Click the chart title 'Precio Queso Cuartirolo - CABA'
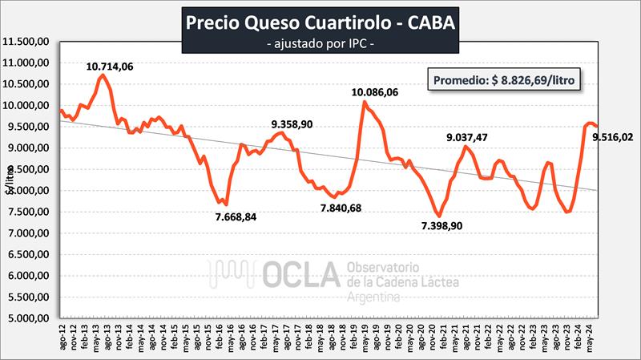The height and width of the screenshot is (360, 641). pos(321,22)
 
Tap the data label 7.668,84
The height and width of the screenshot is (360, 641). pos(242,217)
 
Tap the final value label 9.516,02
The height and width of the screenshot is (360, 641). pos(613,137)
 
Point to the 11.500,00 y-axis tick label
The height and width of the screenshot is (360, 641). pos(28,42)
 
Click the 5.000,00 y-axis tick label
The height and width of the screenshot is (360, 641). pos(30,318)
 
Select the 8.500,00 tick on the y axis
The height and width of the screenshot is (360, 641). pos(30,169)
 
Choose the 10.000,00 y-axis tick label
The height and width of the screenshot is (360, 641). pos(28,106)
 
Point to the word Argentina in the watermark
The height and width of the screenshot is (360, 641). pos(373,297)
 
